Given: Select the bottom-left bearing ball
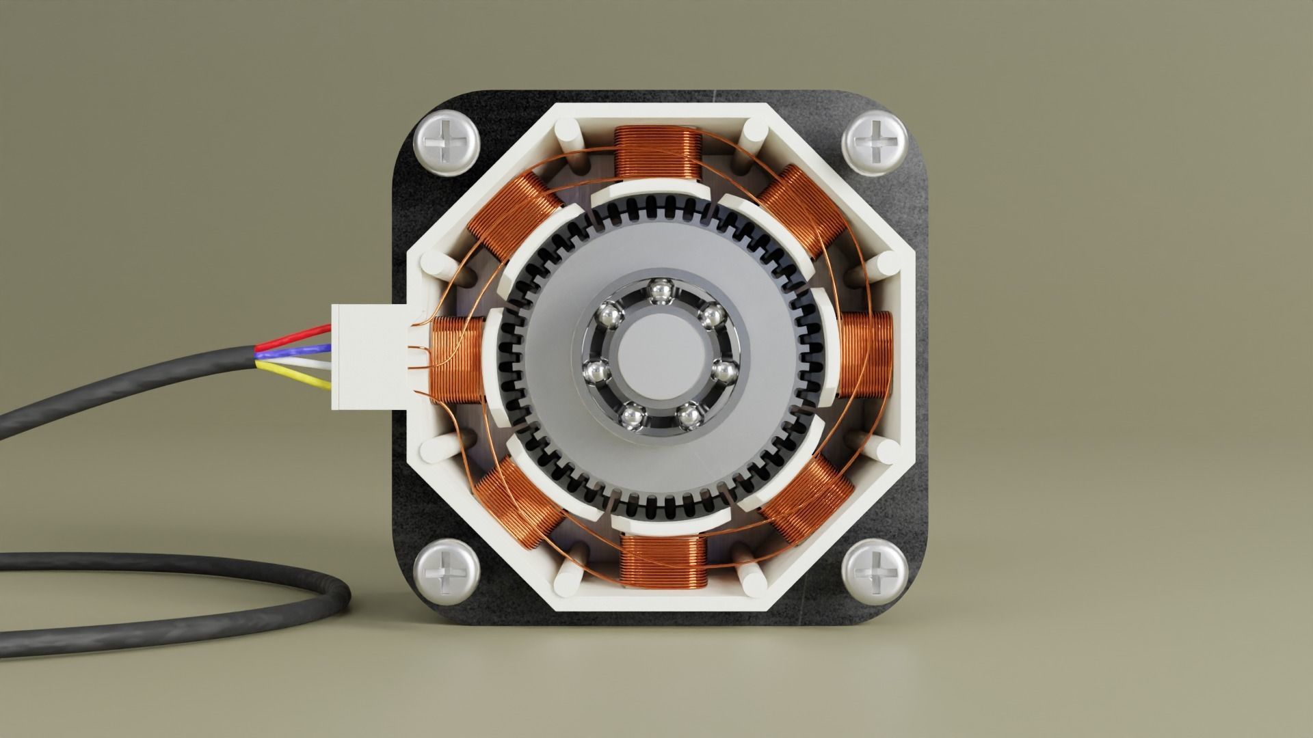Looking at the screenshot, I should point(630,413).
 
